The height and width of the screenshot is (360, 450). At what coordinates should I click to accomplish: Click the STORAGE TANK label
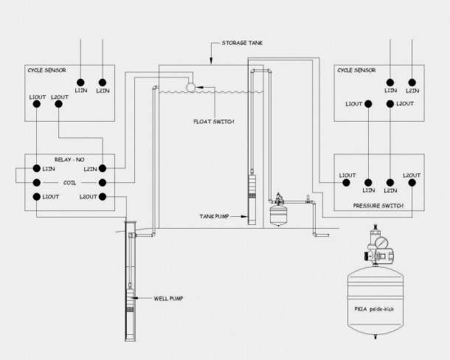(242, 43)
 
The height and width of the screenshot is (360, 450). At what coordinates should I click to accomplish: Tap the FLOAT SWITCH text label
(214, 122)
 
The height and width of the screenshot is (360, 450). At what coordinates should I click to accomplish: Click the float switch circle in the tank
(191, 87)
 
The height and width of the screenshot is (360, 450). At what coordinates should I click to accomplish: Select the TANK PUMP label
(214, 216)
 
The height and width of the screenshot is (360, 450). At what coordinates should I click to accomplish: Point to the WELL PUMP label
(168, 299)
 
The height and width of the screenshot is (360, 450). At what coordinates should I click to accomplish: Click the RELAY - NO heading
(69, 159)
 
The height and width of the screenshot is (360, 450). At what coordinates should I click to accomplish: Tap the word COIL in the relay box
(69, 183)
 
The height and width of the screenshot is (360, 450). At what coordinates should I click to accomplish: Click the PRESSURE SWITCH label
(378, 206)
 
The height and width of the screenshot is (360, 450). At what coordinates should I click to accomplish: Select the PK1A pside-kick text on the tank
(374, 309)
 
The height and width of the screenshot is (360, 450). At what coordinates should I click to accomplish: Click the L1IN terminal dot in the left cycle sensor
(80, 83)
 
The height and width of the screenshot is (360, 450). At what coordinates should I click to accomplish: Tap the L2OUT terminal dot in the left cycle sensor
(58, 104)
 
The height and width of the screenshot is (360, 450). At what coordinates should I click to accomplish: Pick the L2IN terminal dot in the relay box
(103, 168)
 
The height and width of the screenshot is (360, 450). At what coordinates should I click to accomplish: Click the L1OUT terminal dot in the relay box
(37, 197)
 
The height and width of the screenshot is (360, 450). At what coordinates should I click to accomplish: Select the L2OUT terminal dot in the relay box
(103, 197)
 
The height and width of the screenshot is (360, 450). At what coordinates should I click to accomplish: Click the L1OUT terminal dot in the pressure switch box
(347, 183)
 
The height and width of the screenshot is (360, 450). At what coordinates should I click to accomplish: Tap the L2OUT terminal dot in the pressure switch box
(412, 183)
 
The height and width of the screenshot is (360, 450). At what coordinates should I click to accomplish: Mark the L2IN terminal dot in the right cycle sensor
(412, 83)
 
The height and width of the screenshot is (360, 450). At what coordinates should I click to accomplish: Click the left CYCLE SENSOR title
(46, 70)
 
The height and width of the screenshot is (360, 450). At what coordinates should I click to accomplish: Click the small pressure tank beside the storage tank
(278, 214)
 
